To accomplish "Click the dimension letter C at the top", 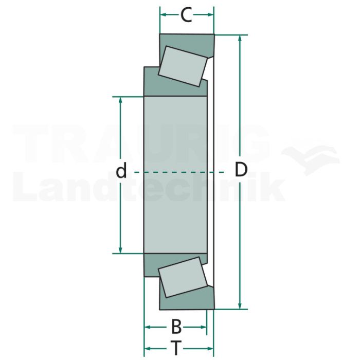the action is click(186, 15).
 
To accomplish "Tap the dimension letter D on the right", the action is click(241, 169).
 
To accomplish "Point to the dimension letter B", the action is click(176, 327).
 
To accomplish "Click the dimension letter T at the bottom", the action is click(176, 348).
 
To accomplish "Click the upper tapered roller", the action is click(183, 66).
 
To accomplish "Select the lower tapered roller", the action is click(183, 277).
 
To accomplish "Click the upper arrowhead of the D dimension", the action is click(240, 39).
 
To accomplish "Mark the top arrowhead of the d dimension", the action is click(120, 101).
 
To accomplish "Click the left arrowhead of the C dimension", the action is click(164, 15).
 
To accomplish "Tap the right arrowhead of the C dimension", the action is click(210, 15).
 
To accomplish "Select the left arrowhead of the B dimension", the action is click(148, 327).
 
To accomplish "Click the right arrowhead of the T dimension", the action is click(210, 349).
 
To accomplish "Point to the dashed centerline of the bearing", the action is click(179, 172).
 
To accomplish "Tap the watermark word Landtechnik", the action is click(149, 187).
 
